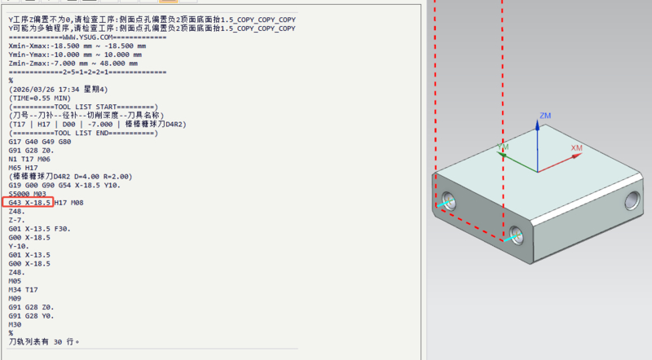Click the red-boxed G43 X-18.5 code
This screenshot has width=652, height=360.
coord(28,203)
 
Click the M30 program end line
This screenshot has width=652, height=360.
coord(15,325)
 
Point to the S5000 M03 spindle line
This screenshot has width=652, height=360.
coord(28,194)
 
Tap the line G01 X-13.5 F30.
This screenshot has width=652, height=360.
coord(39,229)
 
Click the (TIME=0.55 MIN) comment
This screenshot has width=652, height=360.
coord(40,98)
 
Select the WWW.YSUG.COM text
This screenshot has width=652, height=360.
coord(88,37)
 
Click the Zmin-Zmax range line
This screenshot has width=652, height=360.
coord(73,64)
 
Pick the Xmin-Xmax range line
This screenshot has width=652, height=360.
coord(77,46)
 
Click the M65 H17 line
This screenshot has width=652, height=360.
coord(24,168)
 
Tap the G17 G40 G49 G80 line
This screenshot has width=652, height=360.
coord(40,142)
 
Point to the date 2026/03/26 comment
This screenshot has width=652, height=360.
coord(58,90)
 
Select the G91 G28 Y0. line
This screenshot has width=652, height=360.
coord(32,316)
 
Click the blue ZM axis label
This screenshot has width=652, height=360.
coord(545,116)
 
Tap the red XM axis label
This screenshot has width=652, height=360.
coord(576,148)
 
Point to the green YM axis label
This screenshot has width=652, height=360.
coord(503,147)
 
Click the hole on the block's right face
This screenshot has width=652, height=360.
coord(632,200)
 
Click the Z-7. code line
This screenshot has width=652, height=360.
coord(17,221)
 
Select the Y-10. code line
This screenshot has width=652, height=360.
coord(19,246)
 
